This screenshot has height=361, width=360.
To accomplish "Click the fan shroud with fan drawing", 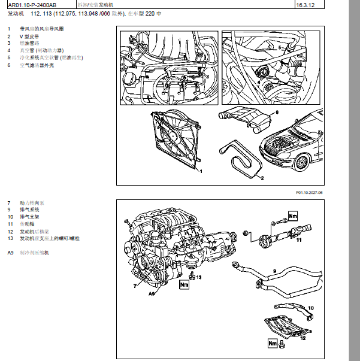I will tap(175, 141).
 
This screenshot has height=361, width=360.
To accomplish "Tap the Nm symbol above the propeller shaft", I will tap(293, 215).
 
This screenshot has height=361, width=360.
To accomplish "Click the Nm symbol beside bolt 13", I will tap(184, 285).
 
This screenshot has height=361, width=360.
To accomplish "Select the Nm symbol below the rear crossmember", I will tap(273, 344).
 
